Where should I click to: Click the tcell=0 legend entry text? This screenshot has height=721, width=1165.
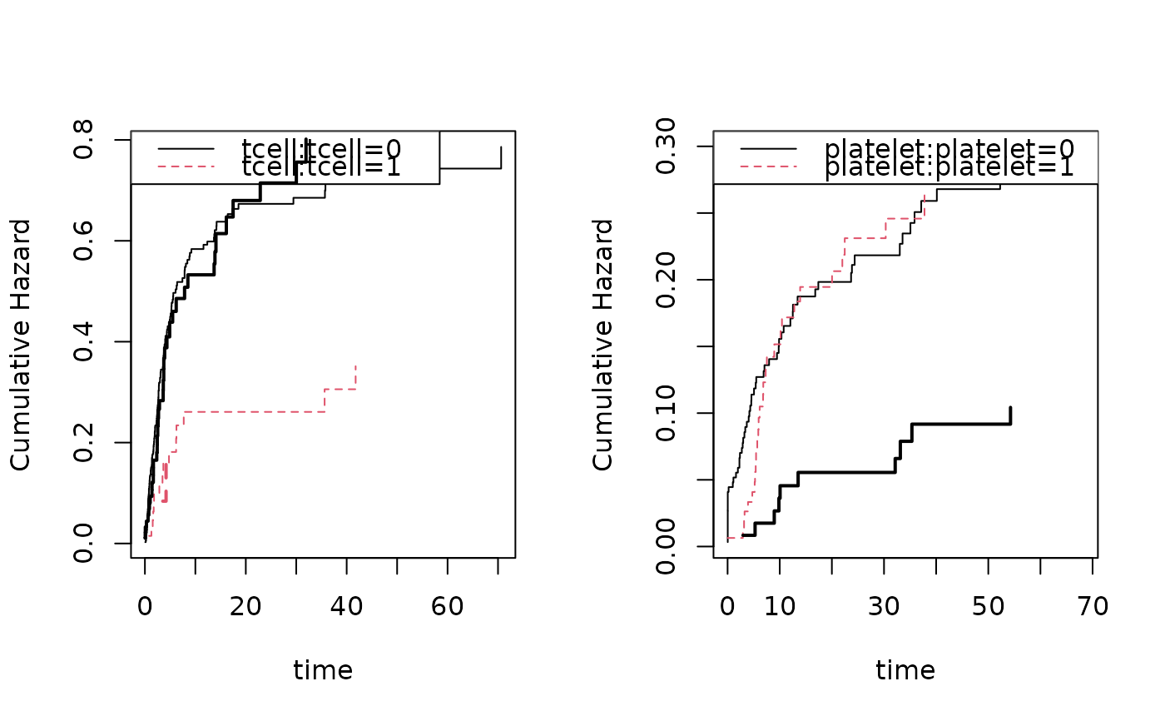point(321,148)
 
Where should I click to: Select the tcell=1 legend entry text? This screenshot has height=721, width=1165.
point(321,167)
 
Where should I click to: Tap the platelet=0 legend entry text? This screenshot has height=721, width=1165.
point(949,148)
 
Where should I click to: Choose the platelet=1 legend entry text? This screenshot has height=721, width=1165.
point(949,167)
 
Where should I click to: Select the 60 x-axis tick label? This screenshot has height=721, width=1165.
point(448,607)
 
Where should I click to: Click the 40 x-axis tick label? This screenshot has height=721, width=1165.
point(347,607)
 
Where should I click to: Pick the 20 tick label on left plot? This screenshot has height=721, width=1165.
point(246,607)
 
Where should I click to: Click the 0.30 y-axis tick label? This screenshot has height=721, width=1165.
point(666,147)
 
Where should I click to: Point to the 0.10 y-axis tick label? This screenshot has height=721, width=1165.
point(666,413)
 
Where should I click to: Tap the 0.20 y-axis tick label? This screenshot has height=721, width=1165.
point(666,280)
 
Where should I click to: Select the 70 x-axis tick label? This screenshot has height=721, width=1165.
point(1092,607)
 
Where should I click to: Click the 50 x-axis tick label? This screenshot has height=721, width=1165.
point(988,607)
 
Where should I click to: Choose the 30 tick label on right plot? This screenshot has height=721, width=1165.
point(884,607)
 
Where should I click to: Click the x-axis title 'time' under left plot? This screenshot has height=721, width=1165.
point(323,670)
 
